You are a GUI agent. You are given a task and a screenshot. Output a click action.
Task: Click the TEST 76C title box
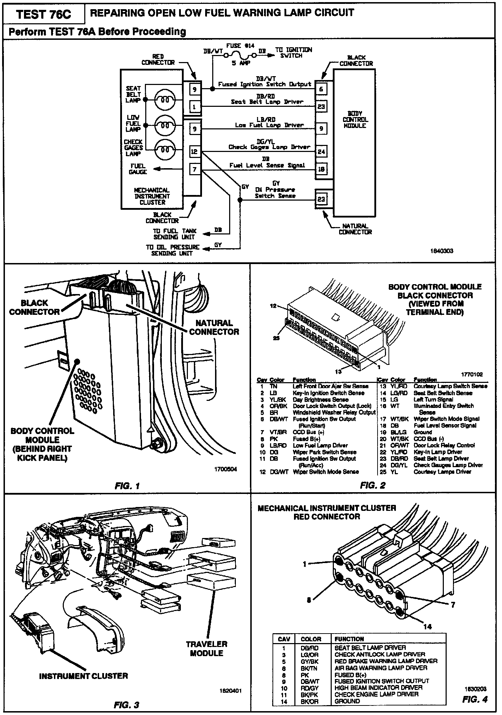[44, 14]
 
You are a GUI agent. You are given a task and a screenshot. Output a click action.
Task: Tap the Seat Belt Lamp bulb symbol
[165, 100]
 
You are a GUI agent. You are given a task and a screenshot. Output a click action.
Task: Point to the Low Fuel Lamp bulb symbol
[165, 126]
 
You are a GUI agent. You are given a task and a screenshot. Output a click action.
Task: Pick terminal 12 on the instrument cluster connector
[195, 152]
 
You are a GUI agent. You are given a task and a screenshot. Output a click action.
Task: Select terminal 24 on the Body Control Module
[321, 152]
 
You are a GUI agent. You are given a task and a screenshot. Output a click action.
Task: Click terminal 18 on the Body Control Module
[321, 169]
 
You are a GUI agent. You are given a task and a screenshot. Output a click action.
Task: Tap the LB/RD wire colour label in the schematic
[266, 120]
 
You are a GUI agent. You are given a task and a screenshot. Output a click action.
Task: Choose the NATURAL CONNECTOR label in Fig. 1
[214, 327]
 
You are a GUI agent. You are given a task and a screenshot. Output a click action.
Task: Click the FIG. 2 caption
[373, 485]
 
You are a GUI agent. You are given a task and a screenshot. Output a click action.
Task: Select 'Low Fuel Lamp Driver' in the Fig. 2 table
[320, 445]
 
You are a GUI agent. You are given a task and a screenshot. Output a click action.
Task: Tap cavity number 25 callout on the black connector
[276, 338]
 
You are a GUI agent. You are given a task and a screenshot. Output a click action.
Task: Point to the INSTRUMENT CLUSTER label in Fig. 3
[84, 676]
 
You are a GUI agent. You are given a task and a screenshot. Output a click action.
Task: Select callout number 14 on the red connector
[427, 627]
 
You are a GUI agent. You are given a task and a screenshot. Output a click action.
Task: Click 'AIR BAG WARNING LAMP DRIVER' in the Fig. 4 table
[381, 668]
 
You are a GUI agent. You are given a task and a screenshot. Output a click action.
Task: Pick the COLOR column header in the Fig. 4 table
[311, 639]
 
